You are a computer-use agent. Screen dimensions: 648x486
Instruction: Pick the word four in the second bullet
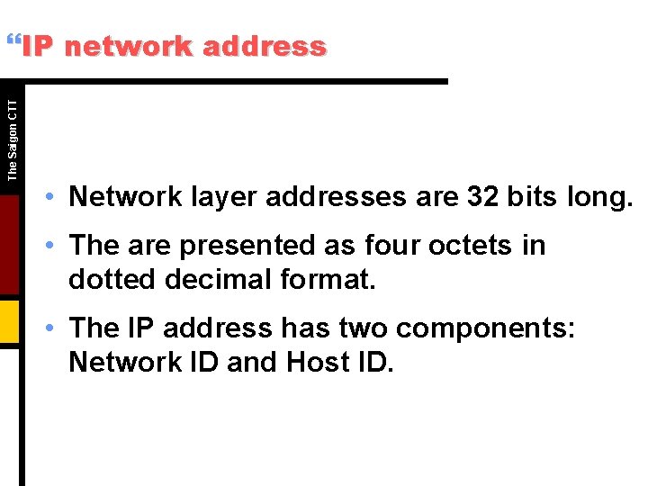pyautogui.click(x=393, y=245)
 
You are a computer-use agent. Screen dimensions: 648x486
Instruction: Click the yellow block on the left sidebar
pyautogui.click(x=10, y=320)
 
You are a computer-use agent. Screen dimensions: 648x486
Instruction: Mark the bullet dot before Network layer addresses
pyautogui.click(x=56, y=197)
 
